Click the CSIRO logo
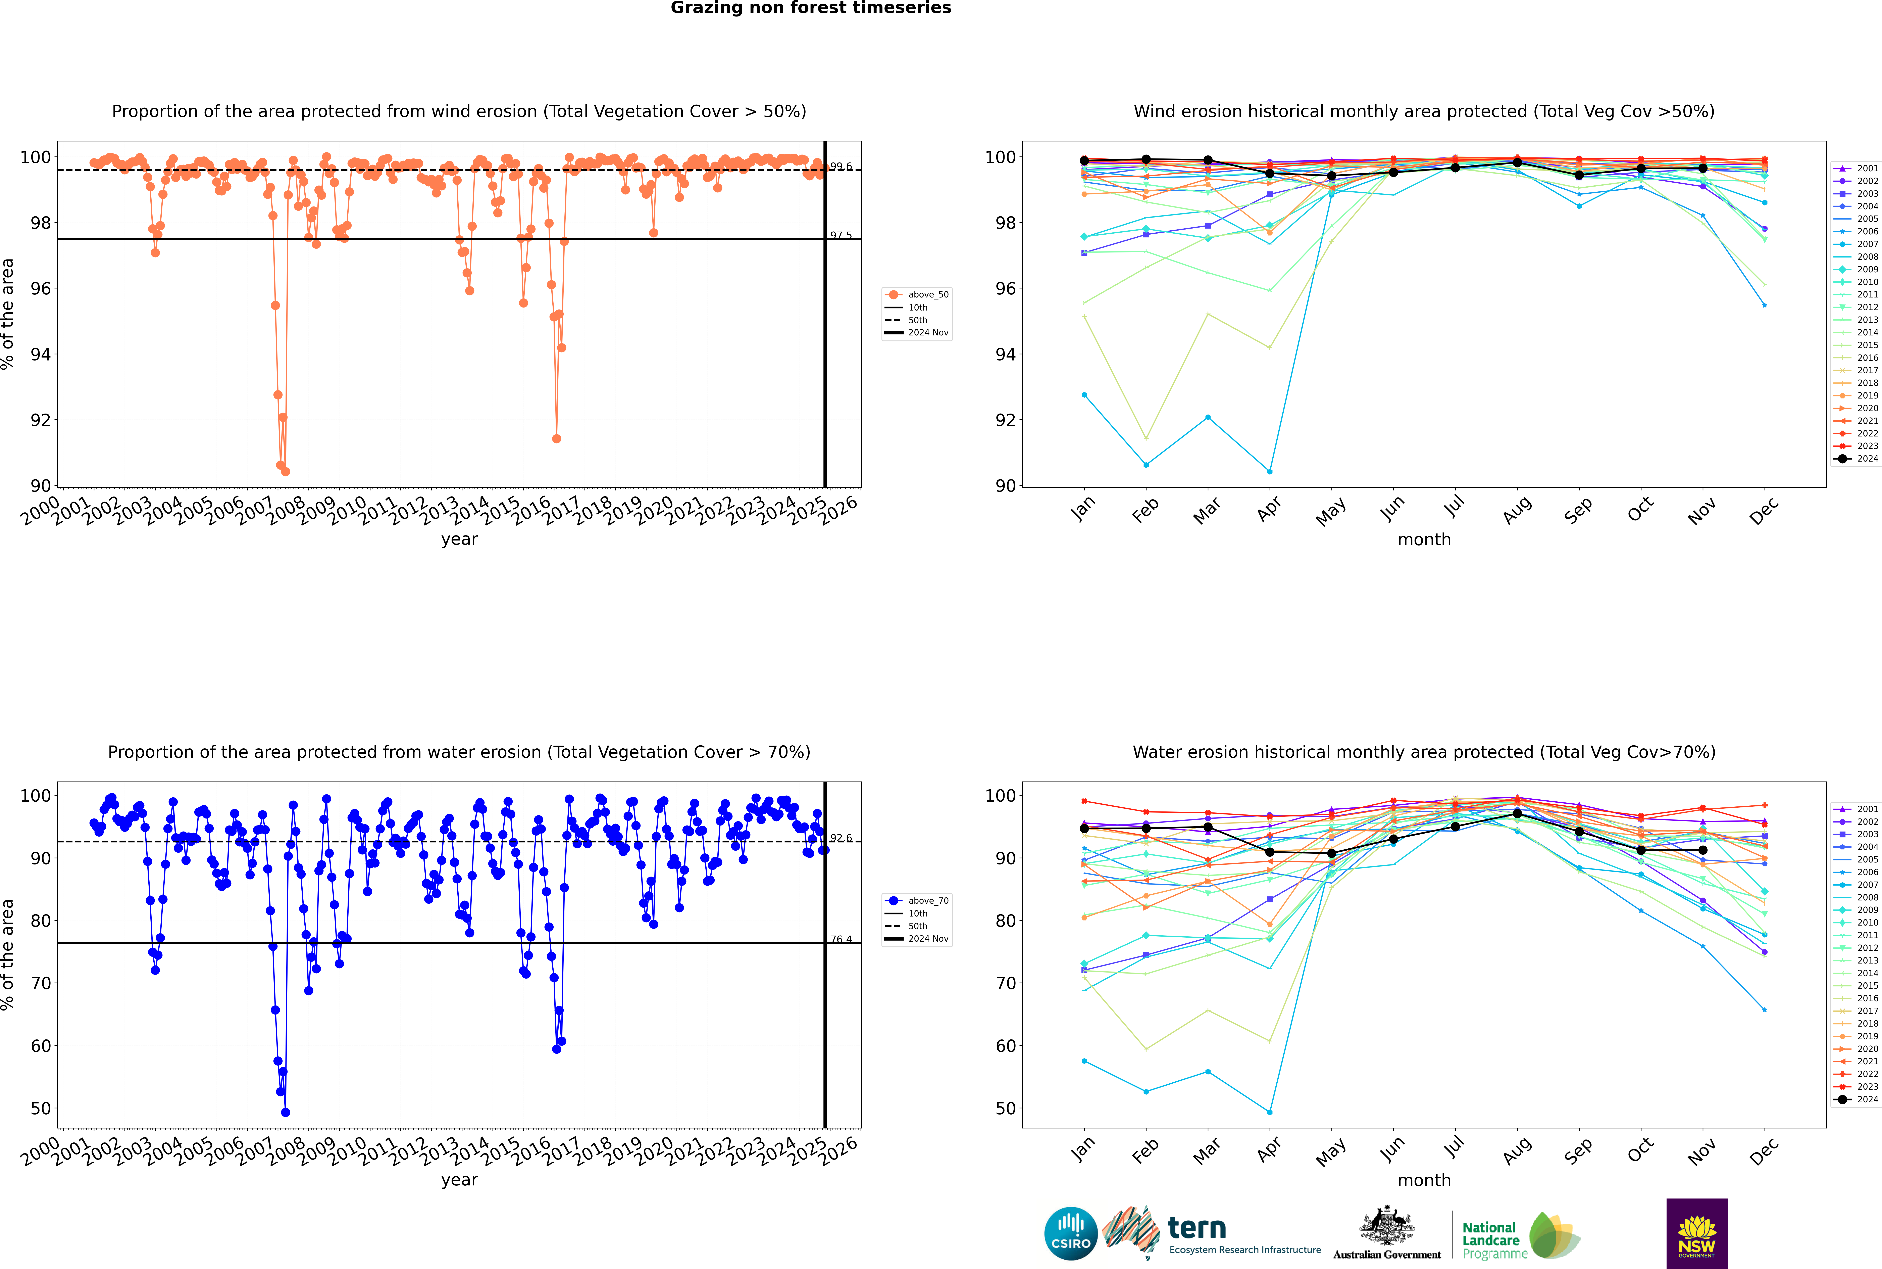click(x=1070, y=1233)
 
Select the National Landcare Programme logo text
click(x=1490, y=1240)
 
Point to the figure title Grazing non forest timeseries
click(x=811, y=8)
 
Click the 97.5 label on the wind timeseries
click(x=841, y=236)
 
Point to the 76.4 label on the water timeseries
click(x=841, y=940)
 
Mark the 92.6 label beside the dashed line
click(x=841, y=838)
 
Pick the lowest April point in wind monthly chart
click(x=1270, y=471)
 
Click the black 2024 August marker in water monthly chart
click(x=1517, y=813)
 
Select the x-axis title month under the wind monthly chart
click(x=1424, y=540)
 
